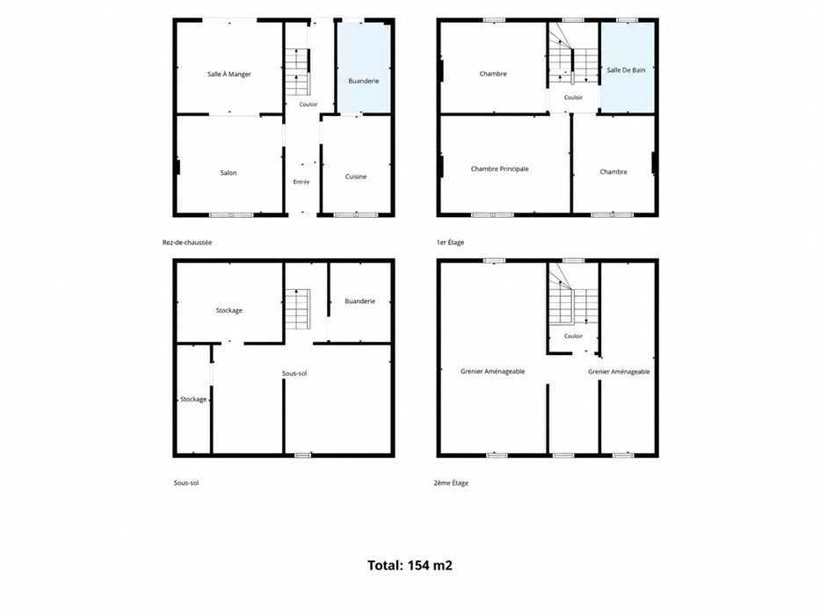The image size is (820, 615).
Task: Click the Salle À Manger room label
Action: point(229,75)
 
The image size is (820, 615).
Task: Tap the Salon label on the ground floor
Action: point(229,172)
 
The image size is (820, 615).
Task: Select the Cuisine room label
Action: point(356,177)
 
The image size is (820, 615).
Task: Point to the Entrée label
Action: point(301,182)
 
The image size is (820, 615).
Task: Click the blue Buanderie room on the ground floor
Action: point(364,67)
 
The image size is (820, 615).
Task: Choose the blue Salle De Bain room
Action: point(627,67)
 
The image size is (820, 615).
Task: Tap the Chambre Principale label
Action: point(499,169)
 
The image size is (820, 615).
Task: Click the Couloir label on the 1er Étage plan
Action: point(573,98)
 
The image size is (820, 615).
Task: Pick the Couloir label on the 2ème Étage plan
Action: point(573,336)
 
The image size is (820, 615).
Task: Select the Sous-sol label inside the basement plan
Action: point(294,373)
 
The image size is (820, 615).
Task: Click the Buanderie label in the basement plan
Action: point(359,301)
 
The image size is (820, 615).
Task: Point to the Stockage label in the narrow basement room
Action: point(193,400)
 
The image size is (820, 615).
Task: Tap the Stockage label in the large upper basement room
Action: point(229,311)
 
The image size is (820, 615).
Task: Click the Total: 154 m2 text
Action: point(410,565)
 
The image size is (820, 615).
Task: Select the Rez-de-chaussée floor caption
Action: point(187,242)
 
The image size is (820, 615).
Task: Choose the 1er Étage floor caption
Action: point(450,242)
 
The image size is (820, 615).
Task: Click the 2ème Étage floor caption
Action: point(452,483)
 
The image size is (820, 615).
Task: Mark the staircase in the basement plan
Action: point(298,309)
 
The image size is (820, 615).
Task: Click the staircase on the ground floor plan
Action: point(298,72)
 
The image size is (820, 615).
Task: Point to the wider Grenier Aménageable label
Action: point(493,372)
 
